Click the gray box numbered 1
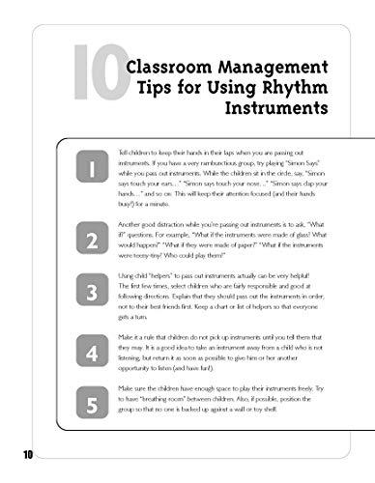pos(93,170)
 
